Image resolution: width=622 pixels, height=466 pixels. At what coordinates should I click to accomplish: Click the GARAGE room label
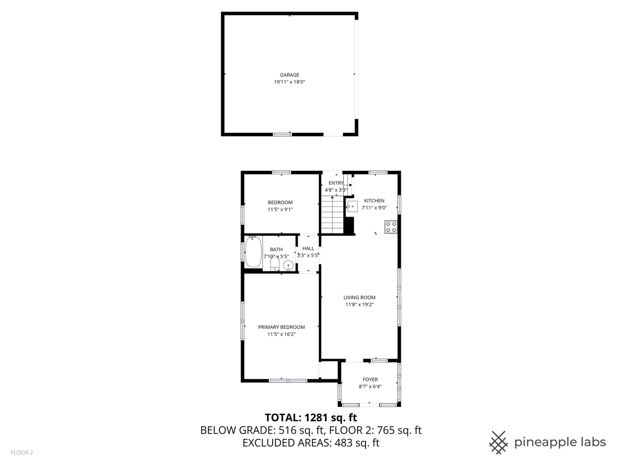pyautogui.click(x=289, y=75)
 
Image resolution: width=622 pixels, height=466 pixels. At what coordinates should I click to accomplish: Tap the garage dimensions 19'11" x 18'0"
pyautogui.click(x=289, y=82)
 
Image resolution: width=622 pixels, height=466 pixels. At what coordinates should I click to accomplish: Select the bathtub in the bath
pyautogui.click(x=253, y=252)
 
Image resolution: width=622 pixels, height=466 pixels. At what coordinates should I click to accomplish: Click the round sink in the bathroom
pyautogui.click(x=288, y=265)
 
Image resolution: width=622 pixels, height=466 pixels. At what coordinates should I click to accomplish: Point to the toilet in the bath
pyautogui.click(x=275, y=264)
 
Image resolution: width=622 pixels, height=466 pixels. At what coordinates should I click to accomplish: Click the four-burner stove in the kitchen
pyautogui.click(x=391, y=227)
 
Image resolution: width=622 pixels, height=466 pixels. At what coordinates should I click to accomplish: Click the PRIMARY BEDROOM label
pyautogui.click(x=281, y=327)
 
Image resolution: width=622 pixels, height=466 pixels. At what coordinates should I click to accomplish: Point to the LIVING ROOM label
pyautogui.click(x=359, y=297)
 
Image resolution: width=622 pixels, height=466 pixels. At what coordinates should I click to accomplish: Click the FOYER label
pyautogui.click(x=370, y=380)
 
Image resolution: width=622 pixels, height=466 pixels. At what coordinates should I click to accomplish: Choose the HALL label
pyautogui.click(x=308, y=249)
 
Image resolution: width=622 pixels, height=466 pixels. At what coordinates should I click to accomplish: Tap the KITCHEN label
pyautogui.click(x=374, y=201)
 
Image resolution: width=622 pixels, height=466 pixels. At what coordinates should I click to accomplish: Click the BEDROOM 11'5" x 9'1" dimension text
pyautogui.click(x=280, y=210)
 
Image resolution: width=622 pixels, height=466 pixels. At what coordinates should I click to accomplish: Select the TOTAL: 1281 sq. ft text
pyautogui.click(x=311, y=418)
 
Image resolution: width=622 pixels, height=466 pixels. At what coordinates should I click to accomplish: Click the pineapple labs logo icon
pyautogui.click(x=498, y=442)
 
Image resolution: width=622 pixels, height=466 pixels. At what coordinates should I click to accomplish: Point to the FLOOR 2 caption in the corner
pyautogui.click(x=22, y=453)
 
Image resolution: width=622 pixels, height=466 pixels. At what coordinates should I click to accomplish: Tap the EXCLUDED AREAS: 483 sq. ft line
pyautogui.click(x=311, y=443)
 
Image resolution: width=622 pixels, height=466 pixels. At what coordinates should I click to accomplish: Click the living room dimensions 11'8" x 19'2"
pyautogui.click(x=359, y=305)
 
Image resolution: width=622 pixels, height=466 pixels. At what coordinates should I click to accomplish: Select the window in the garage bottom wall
pyautogui.click(x=282, y=134)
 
